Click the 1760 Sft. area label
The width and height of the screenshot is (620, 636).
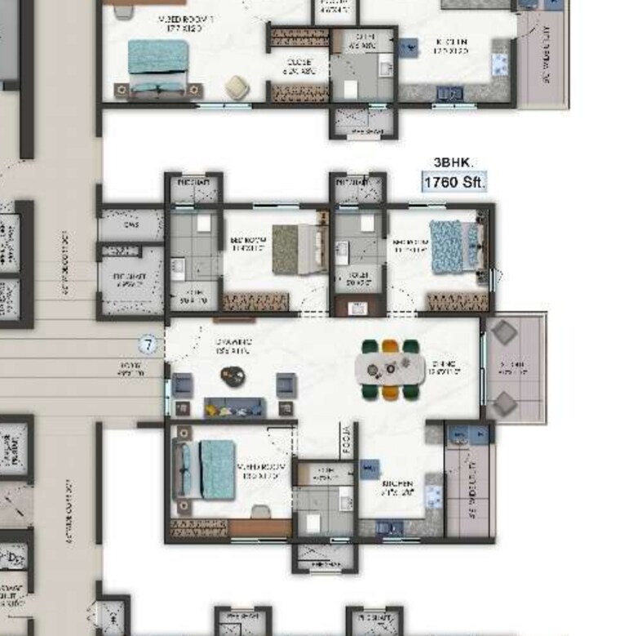pyautogui.click(x=454, y=182)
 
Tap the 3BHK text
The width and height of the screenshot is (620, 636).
pyautogui.click(x=453, y=163)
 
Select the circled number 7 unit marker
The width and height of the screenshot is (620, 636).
pyautogui.click(x=148, y=345)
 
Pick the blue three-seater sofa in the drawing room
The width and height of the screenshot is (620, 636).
pyautogui.click(x=234, y=407)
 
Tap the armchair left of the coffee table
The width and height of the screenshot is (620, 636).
pyautogui.click(x=183, y=384)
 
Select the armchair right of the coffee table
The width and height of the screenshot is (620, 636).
pyautogui.click(x=286, y=384)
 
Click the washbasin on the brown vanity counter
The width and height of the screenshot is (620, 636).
pyautogui.click(x=357, y=307)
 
